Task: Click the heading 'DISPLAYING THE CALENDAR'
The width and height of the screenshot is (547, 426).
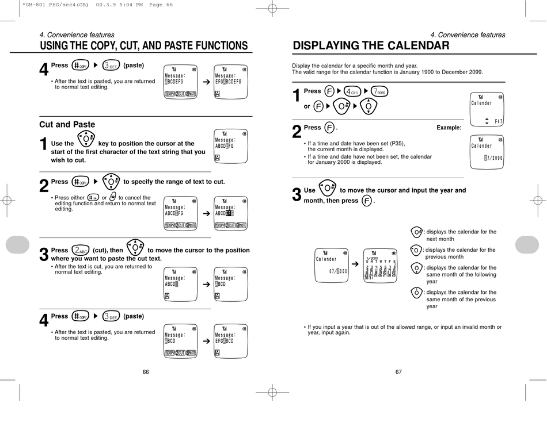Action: [x=371, y=46]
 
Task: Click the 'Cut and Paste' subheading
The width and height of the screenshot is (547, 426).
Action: [x=67, y=124]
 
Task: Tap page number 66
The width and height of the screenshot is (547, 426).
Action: [x=146, y=372]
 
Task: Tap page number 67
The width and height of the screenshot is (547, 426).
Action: [x=398, y=372]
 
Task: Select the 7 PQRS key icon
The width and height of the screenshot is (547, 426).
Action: [x=379, y=91]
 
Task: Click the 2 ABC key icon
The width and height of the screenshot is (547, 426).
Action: [x=80, y=250]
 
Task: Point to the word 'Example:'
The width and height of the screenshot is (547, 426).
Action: [x=449, y=128]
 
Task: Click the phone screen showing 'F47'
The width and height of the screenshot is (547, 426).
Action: [x=487, y=109]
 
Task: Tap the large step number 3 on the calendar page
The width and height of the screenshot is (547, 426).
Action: [x=297, y=195]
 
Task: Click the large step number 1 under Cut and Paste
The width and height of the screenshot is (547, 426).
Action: [x=44, y=145]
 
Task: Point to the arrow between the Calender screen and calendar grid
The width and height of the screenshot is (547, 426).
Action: [x=355, y=263]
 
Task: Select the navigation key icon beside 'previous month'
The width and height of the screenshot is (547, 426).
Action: [x=416, y=250]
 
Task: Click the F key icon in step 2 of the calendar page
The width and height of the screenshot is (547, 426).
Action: [x=329, y=128]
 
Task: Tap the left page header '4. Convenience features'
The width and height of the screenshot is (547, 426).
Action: [x=77, y=35]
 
